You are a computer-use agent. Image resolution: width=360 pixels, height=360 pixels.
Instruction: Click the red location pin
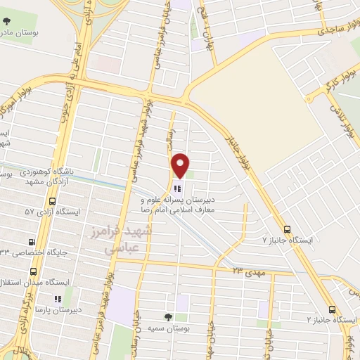point(181,165)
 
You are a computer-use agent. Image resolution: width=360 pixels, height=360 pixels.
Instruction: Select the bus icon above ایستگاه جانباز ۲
point(332,309)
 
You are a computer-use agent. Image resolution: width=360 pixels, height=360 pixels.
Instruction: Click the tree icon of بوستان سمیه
point(167,317)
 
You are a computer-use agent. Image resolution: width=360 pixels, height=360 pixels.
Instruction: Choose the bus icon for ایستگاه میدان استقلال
point(33,271)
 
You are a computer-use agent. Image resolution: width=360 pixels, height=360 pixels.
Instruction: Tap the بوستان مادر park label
point(28,33)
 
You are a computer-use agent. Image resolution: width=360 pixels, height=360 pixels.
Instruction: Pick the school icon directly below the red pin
point(176,188)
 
